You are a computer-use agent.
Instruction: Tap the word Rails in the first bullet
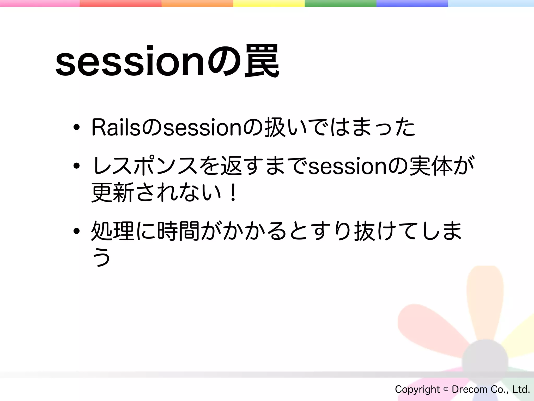point(116,127)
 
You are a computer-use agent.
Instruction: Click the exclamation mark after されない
point(233,193)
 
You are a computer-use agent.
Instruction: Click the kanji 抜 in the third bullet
point(364,231)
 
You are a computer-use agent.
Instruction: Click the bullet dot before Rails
point(76,127)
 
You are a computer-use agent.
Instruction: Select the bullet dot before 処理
point(76,231)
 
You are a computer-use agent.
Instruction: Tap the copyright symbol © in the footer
point(446,389)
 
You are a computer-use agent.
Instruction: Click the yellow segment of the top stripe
point(269,3)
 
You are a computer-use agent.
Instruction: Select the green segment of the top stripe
point(340,3)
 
